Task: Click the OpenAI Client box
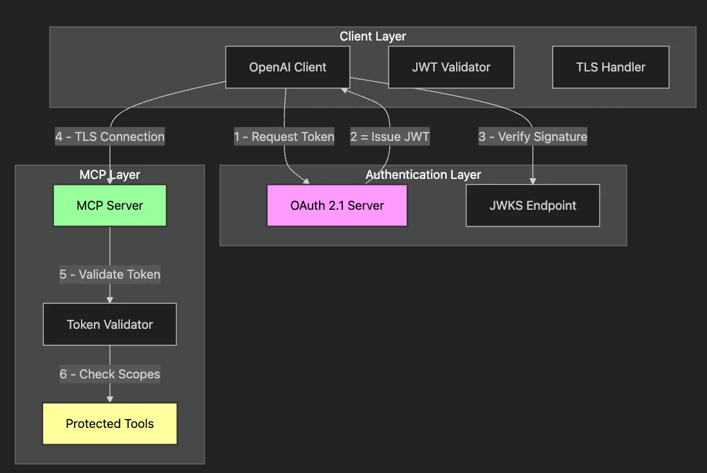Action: pos(288,67)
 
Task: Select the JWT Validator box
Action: pos(451,67)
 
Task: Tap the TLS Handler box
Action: pos(611,67)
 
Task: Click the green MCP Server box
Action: pos(109,206)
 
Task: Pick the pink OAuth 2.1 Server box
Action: pos(337,206)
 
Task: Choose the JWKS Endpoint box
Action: pos(533,206)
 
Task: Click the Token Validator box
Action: pos(109,324)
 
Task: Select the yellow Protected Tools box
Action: pos(109,423)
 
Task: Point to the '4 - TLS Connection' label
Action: pos(109,136)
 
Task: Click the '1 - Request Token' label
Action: pos(284,136)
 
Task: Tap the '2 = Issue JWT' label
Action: pos(390,136)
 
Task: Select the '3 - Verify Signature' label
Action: pos(533,136)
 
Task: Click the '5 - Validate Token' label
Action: pos(109,274)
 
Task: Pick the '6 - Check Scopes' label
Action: pos(109,374)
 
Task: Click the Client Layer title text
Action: pos(372,37)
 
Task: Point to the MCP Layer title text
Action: pos(109,174)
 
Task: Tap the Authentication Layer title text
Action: pos(423,174)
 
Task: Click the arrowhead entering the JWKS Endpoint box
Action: pos(533,181)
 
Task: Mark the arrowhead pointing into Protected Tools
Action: pos(109,399)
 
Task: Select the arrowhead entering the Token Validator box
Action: pos(109,299)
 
